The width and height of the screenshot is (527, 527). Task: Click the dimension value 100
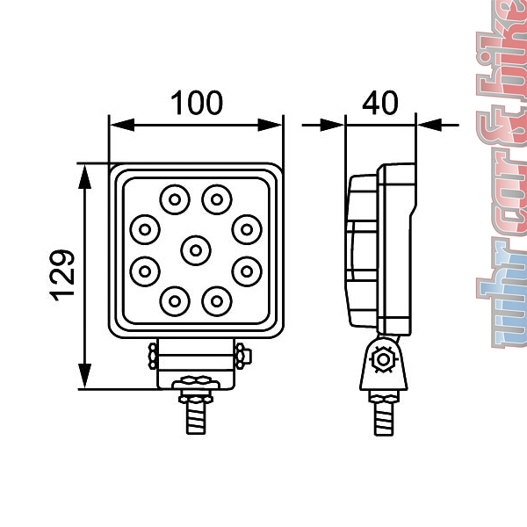[197, 103]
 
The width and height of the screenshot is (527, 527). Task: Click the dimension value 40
[379, 103]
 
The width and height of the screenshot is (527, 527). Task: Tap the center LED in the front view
[196, 250]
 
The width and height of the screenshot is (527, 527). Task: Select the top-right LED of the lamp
[215, 198]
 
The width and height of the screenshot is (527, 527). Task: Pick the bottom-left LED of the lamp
[174, 301]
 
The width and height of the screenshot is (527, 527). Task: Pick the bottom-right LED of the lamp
[215, 301]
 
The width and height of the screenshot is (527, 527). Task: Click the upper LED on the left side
[143, 230]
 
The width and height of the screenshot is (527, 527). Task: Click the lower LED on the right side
[248, 268]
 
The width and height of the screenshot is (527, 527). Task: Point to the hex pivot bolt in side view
[382, 360]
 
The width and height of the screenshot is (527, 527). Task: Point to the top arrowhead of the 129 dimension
[85, 175]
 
